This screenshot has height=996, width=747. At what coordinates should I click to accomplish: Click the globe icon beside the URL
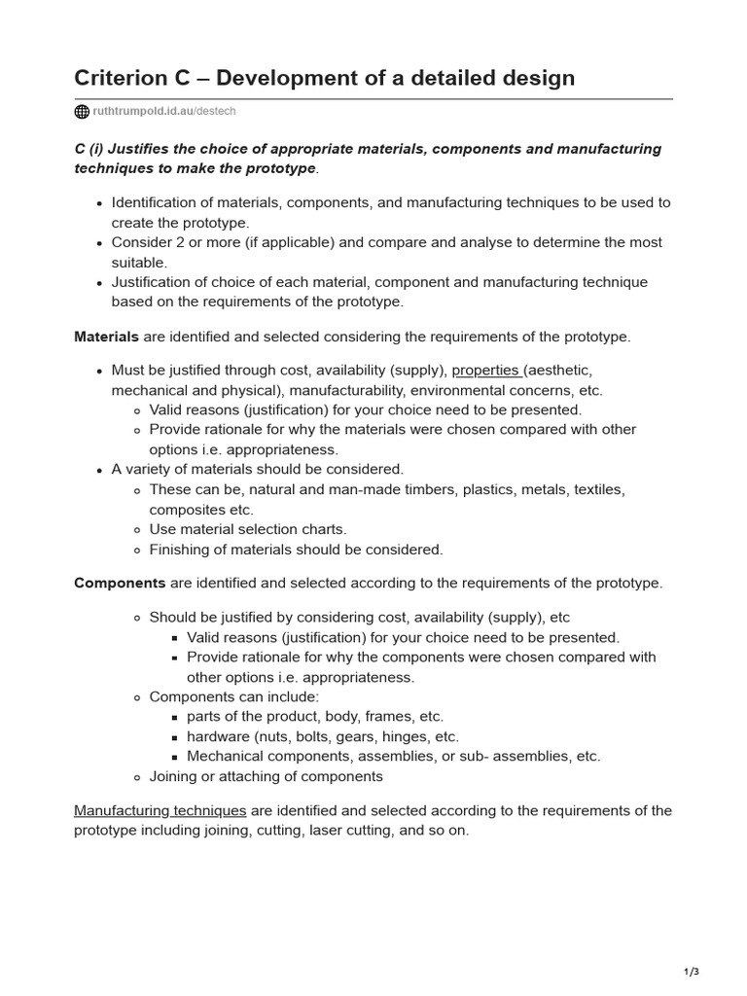82,112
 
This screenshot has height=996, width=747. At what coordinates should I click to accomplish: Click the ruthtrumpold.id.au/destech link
163,112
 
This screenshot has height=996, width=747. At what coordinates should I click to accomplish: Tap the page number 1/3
692,972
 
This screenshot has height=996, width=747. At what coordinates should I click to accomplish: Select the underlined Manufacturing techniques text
160,811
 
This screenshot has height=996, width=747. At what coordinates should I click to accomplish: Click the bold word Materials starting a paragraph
106,337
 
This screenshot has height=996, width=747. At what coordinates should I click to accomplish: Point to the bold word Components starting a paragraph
120,584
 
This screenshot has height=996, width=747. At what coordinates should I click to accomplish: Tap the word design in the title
538,78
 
